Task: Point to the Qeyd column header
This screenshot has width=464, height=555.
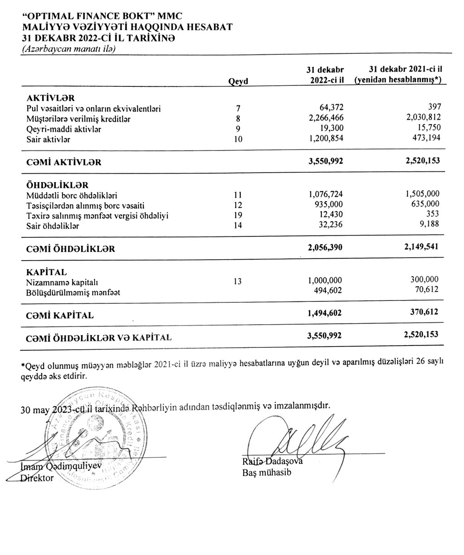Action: point(238,81)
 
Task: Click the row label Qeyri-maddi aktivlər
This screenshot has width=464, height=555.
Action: point(64,129)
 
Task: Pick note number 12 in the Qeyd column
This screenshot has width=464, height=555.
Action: point(238,205)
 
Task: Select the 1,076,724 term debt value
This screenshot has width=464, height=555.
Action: point(325,194)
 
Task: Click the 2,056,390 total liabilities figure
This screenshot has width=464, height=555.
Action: point(325,248)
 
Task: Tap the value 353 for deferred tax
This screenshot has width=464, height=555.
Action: point(433,215)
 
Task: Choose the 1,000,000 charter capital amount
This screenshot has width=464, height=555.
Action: point(325,281)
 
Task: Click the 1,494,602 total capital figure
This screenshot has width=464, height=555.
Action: point(325,313)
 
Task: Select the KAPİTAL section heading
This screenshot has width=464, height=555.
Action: point(47,272)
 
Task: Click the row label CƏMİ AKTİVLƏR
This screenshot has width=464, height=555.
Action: point(64,163)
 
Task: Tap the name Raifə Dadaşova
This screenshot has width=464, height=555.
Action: point(272,462)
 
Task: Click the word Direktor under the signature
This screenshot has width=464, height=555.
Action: point(37,478)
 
